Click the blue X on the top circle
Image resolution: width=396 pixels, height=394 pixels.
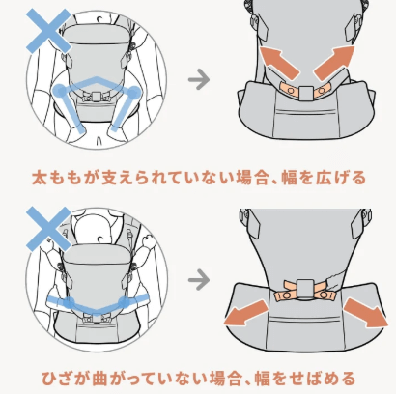point(48,31)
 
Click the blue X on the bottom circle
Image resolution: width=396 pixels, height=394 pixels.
point(48,229)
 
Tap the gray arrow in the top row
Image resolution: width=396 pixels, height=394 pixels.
point(199,79)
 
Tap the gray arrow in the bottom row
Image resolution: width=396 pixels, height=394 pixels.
point(199,279)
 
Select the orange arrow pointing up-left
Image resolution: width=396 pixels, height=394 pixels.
point(279,64)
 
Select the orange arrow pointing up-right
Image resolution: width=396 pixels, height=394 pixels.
point(335,64)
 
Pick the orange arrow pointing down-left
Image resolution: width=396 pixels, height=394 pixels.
point(245,313)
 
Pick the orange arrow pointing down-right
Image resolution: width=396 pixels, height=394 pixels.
point(366,313)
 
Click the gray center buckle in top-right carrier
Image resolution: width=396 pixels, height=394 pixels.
point(306,93)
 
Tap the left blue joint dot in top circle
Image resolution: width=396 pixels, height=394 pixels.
point(60,91)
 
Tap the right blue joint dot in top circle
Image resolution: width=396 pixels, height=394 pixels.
point(133,93)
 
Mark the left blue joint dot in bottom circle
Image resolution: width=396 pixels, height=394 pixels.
point(69,303)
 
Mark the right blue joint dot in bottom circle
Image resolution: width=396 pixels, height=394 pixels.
point(125,302)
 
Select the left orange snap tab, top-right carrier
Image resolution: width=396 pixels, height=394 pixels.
point(289,90)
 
